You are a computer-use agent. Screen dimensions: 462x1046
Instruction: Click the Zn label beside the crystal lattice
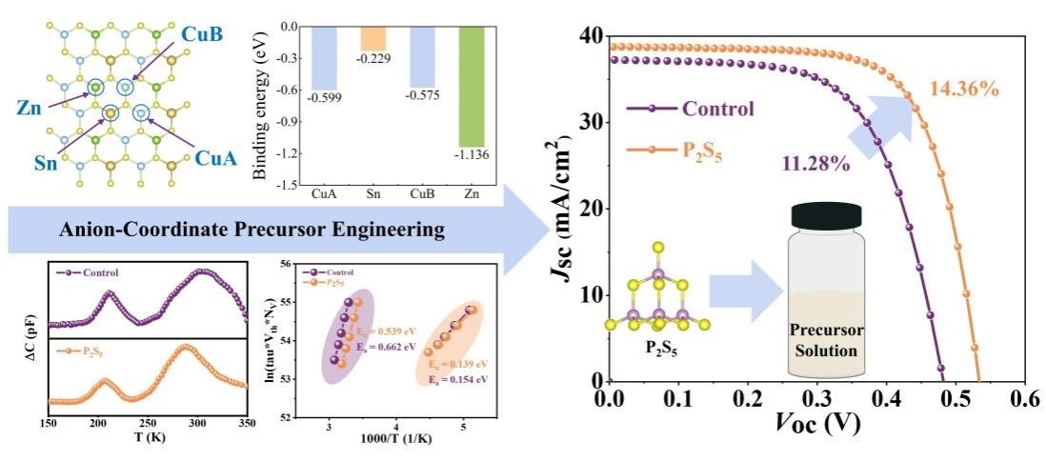tap(28, 99)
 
